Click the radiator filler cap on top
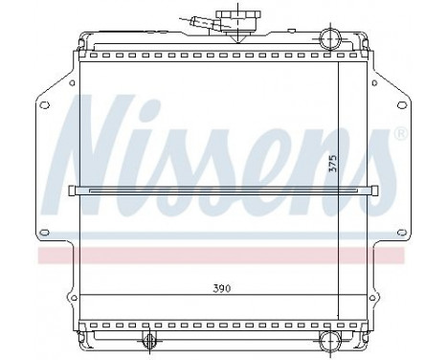click(x=231, y=18)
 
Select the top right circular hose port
click(x=328, y=39)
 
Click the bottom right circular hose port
click(x=328, y=342)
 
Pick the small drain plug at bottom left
click(x=148, y=344)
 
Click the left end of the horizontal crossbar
click(x=75, y=189)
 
